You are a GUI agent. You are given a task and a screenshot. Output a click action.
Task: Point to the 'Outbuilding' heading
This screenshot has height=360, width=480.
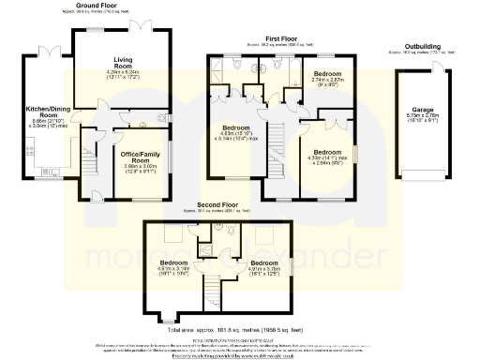423,46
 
